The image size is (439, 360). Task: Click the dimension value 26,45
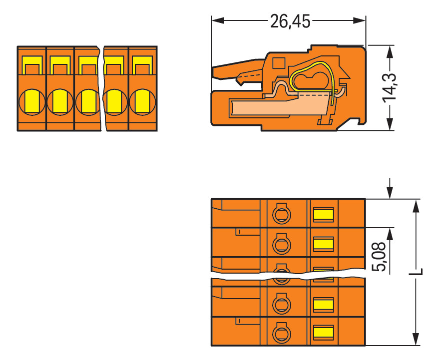290,21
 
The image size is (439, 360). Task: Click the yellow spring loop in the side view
311,77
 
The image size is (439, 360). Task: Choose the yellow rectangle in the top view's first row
323,215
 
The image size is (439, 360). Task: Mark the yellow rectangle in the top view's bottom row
323,332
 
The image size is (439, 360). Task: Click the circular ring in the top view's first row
281,215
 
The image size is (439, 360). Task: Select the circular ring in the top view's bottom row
281,332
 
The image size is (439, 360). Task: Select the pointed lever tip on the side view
215,73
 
